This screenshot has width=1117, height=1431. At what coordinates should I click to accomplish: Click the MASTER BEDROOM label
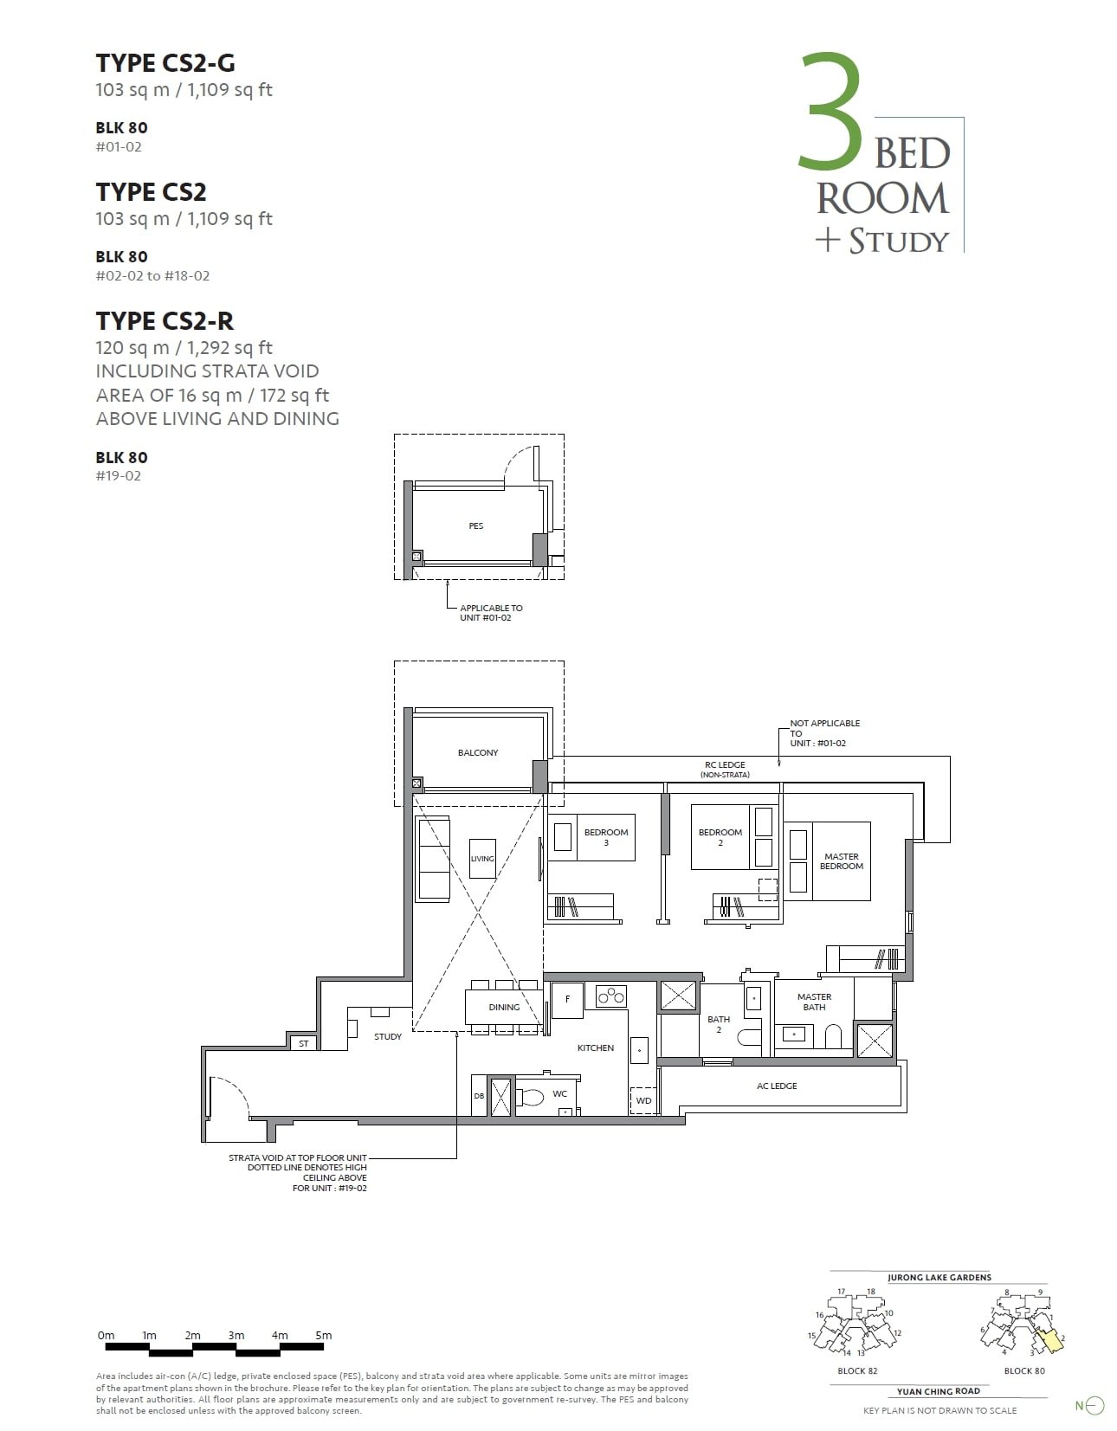pos(841,861)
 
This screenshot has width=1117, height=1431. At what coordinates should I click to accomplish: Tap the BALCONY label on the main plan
pos(478,752)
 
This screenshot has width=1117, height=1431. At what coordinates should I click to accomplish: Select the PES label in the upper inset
pos(475,525)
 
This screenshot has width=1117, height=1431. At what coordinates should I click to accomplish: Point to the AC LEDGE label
pos(777,1086)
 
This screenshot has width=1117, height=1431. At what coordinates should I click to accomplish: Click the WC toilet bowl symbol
pos(532,1098)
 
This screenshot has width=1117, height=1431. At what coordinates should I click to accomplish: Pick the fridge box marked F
pos(567,998)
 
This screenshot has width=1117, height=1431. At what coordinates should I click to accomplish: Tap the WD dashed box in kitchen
pos(643,1100)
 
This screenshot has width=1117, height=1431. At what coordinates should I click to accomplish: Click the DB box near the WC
pos(479,1096)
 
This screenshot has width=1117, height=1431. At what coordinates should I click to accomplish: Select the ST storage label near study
pos(303,1043)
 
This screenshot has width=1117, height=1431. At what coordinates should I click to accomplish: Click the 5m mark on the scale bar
pos(323,1335)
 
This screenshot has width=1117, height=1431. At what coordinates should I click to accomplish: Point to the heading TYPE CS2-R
pos(165,321)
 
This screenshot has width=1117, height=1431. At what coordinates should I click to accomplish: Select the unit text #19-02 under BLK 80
pos(118,475)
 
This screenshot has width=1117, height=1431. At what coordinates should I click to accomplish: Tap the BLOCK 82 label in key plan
pos(857,1370)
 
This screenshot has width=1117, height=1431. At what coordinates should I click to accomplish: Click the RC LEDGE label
pos(725,764)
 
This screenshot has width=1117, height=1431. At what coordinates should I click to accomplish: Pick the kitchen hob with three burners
pos(611,996)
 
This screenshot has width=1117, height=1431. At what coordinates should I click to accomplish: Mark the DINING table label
pos(504,1007)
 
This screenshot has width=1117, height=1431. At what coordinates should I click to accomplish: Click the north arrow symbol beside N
pos(1095,1406)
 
